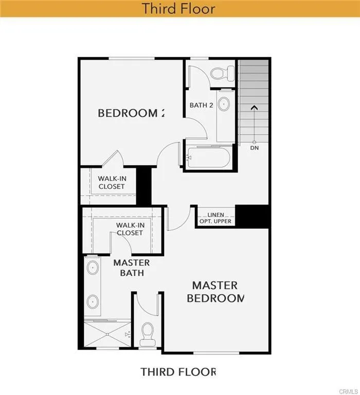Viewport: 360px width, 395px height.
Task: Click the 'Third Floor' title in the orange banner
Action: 178,9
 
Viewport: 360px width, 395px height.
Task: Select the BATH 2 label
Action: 201,105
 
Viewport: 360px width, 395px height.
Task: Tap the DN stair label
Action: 254,148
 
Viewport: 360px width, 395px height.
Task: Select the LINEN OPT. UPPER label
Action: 215,218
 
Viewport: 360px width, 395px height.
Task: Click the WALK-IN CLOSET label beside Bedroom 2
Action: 112,182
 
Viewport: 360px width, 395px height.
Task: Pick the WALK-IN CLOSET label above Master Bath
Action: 129,229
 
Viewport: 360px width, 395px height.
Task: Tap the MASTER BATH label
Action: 132,267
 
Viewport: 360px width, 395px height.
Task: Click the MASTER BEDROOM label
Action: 215,291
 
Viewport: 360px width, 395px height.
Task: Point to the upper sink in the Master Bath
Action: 93,268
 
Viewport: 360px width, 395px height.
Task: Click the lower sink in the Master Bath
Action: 93,301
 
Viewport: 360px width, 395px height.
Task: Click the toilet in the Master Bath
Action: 148,333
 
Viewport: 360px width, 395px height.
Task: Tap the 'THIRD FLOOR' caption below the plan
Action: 178,371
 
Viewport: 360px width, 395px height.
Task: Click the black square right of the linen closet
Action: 253,216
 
